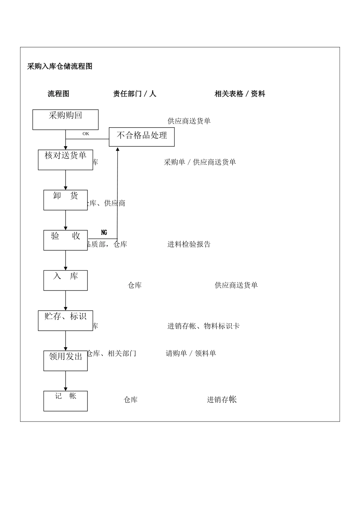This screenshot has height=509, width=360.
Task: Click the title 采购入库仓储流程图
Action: pyautogui.click(x=60, y=67)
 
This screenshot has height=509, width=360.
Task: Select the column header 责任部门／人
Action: pyautogui.click(x=135, y=94)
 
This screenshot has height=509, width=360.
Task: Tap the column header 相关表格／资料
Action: pyautogui.click(x=239, y=94)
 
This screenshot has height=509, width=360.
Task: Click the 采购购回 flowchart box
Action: pyautogui.click(x=66, y=120)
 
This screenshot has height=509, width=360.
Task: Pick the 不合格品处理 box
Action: pyautogui.click(x=142, y=137)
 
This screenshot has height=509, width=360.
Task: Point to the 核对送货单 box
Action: pyautogui.click(x=66, y=160)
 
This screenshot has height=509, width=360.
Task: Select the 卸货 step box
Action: pyautogui.click(x=66, y=200)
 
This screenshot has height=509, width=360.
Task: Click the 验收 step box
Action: pyautogui.click(x=66, y=240)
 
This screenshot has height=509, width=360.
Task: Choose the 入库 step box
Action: pyautogui.click(x=66, y=280)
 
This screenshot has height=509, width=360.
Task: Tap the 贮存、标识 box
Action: pyautogui.click(x=66, y=320)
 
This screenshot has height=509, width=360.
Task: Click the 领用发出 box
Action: pyautogui.click(x=66, y=361)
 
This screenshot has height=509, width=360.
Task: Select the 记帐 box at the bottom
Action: pyautogui.click(x=66, y=401)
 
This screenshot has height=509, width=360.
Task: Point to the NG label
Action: pyautogui.click(x=104, y=233)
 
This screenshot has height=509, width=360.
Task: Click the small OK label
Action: pyautogui.click(x=86, y=134)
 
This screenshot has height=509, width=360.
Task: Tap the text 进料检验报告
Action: pyautogui.click(x=189, y=244)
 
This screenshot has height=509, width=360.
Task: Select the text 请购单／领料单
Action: pyautogui.click(x=191, y=353)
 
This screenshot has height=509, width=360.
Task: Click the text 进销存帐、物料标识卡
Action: pyautogui.click(x=203, y=326)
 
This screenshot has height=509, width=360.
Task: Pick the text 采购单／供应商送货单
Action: pyautogui.click(x=200, y=162)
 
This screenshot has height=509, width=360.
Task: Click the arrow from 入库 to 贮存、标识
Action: pyautogui.click(x=66, y=301)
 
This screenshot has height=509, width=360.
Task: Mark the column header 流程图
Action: pyautogui.click(x=58, y=94)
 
